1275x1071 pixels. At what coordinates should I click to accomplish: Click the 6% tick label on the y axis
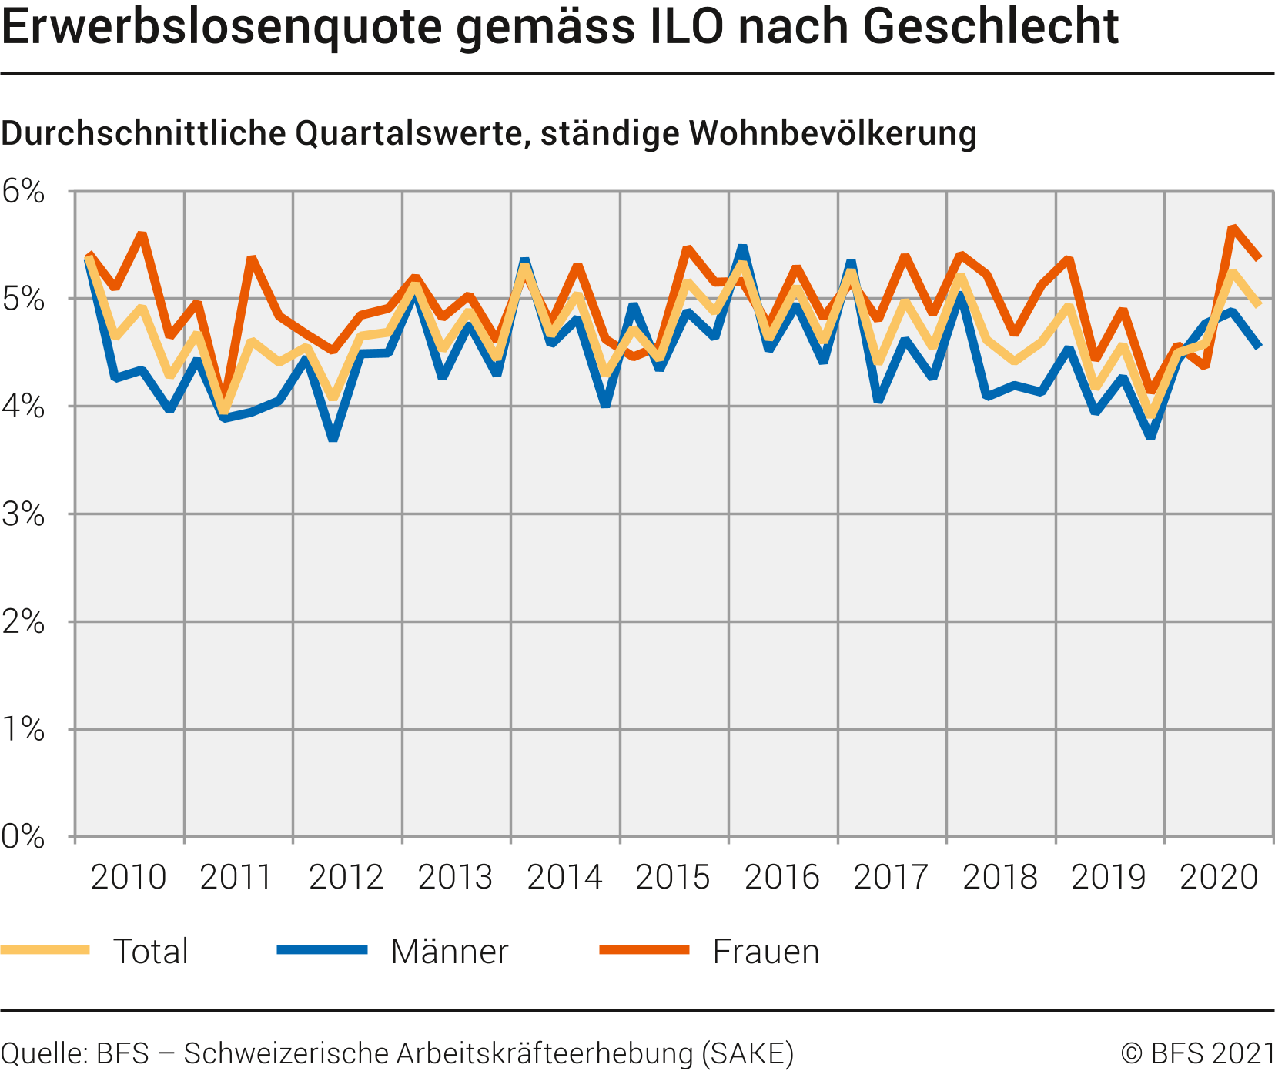23,192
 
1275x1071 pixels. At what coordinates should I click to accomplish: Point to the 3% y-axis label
23,514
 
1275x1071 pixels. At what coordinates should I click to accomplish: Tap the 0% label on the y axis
23,837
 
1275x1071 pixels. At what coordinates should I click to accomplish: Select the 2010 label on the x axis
129,877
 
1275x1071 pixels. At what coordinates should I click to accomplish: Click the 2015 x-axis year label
673,877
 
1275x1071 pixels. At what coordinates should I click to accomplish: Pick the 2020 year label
1219,877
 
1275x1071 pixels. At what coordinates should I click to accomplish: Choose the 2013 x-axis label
455,877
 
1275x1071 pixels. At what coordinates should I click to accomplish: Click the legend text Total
151,952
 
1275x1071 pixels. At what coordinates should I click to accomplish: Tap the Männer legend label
450,952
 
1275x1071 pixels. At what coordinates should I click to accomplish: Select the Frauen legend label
766,952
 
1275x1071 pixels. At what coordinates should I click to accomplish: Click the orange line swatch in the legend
644,950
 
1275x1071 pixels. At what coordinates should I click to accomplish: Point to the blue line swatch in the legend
322,950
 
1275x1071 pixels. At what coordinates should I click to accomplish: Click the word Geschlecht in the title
990,26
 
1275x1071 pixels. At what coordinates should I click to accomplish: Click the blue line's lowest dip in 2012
333,439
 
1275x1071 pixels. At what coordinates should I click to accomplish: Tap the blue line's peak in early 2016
742,247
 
